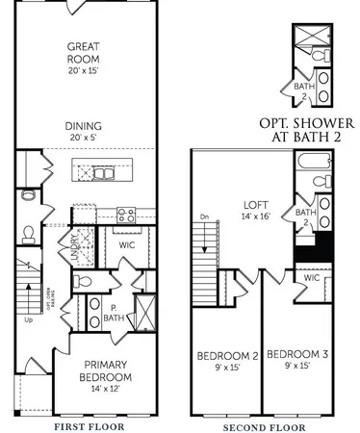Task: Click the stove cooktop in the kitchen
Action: point(125,213)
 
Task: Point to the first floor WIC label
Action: point(126,244)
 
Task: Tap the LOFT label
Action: point(254,205)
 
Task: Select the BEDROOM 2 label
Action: point(227,356)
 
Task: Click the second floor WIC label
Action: point(312,278)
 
